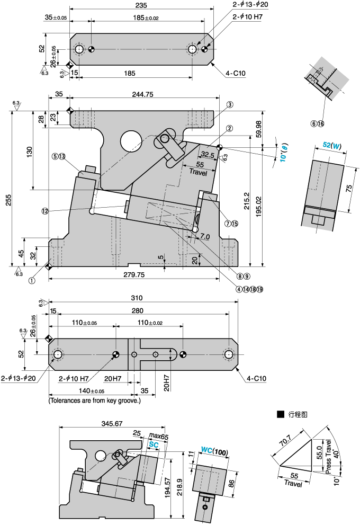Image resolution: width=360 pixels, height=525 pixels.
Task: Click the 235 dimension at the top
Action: (141, 5)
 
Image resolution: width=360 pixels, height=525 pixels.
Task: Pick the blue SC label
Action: (154, 444)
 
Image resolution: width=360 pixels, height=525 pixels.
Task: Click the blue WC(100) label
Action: (214, 453)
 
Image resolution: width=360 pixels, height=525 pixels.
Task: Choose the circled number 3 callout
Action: (230, 105)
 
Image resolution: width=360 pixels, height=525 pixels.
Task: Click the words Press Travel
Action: (329, 455)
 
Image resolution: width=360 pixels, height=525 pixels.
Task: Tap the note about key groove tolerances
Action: (95, 401)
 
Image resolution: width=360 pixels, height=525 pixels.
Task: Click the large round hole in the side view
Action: (130, 141)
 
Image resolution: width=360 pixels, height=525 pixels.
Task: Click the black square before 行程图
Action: (280, 414)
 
